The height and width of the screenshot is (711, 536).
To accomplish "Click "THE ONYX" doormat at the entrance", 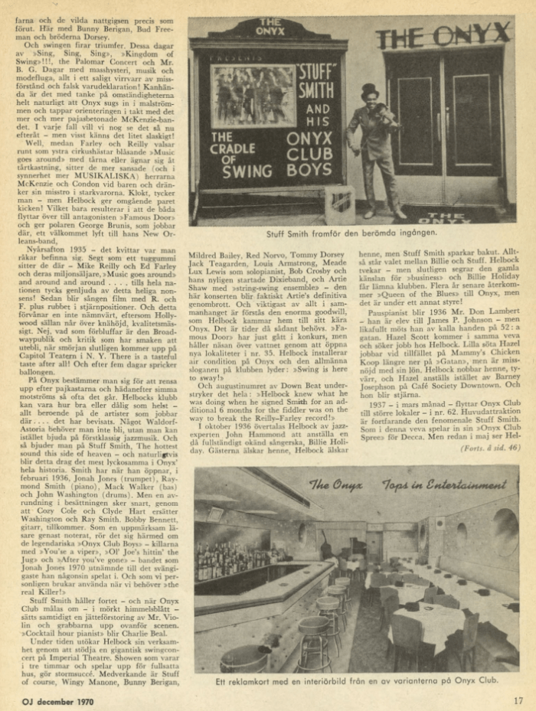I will [456, 217].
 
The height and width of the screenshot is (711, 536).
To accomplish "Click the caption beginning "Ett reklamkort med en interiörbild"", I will [355, 681].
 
